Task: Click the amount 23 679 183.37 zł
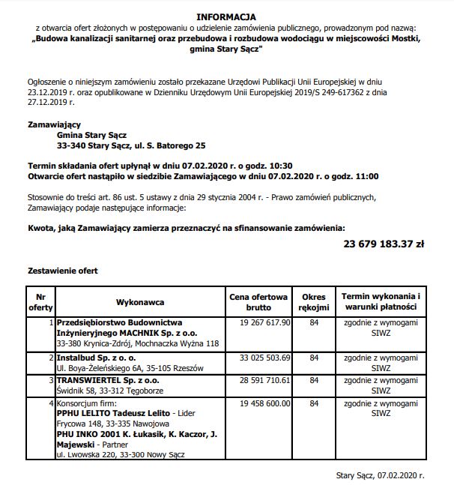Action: tap(384, 244)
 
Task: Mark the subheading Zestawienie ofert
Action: tap(62, 269)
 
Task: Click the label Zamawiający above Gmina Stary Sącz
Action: tap(53, 124)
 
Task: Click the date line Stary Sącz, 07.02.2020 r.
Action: tap(380, 475)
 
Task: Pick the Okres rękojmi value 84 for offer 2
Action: tap(314, 358)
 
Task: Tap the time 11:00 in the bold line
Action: tap(366, 176)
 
